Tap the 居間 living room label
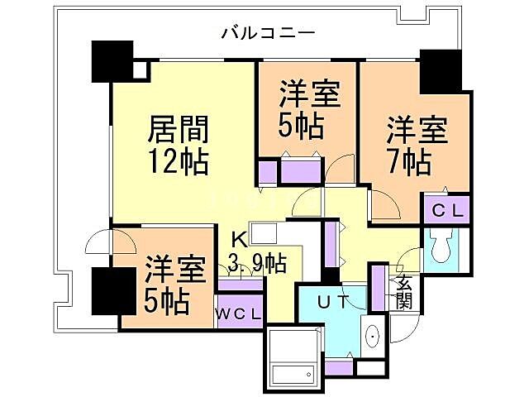177,130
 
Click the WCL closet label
241,314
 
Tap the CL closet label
447,211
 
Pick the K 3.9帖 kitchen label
257,254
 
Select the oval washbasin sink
371,337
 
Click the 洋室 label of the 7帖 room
417,130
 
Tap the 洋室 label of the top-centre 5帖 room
309,95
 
